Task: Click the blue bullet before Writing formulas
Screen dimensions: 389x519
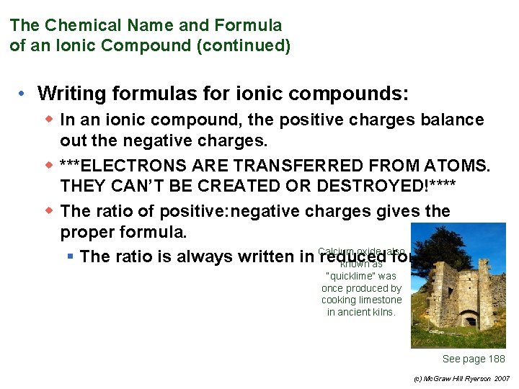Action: pos(24,94)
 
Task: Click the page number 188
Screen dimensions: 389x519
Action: pos(497,359)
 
